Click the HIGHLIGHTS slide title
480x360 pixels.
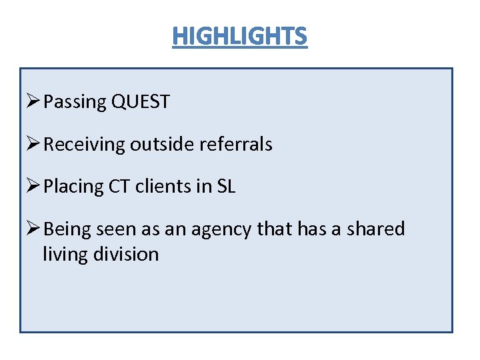pos(240,36)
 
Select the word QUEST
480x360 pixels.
pos(141,103)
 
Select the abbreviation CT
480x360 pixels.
pos(118,187)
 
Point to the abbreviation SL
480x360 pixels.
pos(226,187)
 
